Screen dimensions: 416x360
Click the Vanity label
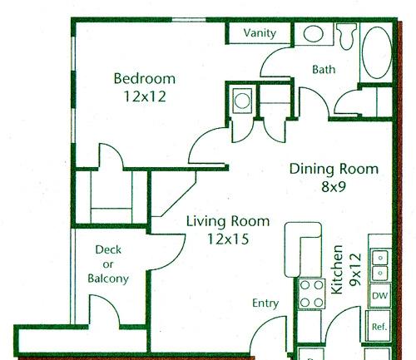(260, 33)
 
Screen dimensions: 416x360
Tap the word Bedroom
(145, 78)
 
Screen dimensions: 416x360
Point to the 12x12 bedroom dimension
(145, 96)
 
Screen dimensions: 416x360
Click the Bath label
(324, 69)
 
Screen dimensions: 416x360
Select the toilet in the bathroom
(346, 36)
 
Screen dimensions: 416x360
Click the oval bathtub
(377, 52)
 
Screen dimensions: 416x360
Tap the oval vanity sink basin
(314, 34)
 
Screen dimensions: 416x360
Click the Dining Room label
(334, 169)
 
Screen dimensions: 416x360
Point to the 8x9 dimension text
(334, 186)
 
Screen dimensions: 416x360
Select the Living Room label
(228, 221)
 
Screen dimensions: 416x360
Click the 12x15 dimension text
(228, 239)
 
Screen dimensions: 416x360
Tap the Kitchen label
(337, 269)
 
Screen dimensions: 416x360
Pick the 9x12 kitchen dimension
(355, 269)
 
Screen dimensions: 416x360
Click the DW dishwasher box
(379, 295)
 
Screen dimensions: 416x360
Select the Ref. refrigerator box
(379, 326)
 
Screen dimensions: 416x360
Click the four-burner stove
(311, 293)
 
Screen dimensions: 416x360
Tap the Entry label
(265, 303)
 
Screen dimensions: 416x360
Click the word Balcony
(108, 279)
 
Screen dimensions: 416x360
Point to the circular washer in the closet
(242, 101)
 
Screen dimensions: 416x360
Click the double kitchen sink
(380, 265)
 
